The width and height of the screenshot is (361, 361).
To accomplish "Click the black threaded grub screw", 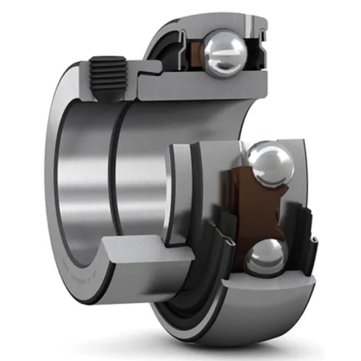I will point(102,73).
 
